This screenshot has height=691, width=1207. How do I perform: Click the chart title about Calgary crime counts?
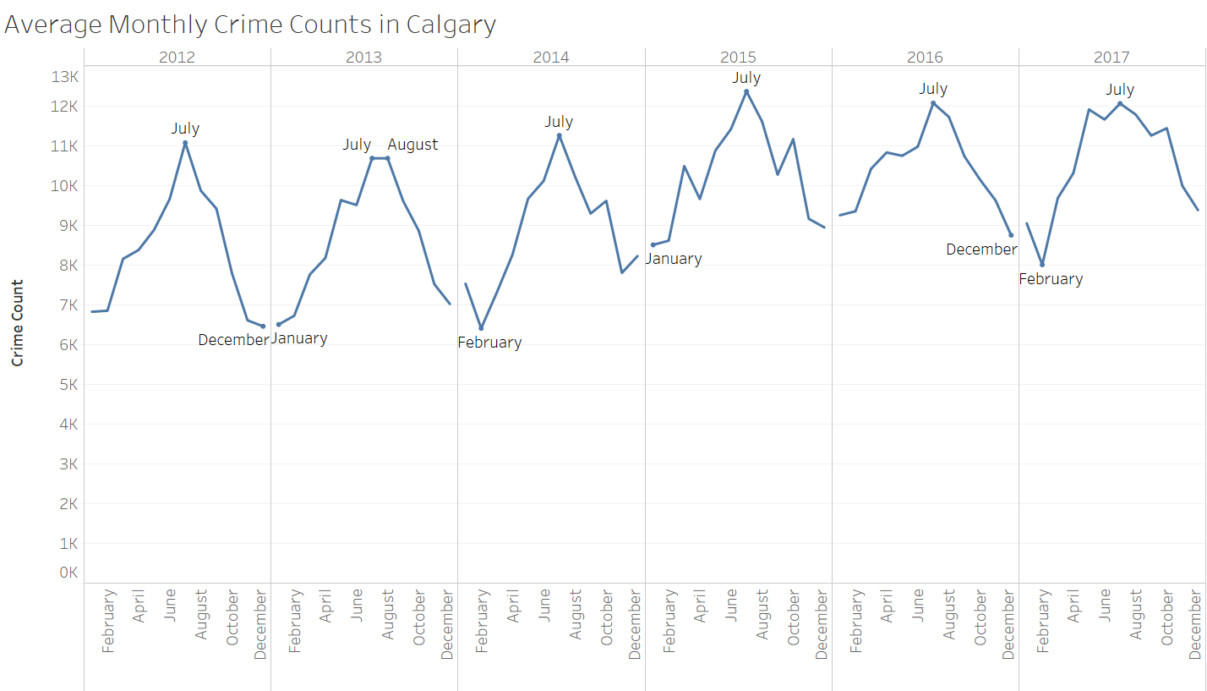(x=250, y=25)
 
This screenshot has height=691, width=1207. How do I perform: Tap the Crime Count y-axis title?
(x=17, y=322)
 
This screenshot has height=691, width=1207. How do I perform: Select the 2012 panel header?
(x=177, y=58)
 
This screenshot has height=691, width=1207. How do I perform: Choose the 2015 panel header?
(x=738, y=58)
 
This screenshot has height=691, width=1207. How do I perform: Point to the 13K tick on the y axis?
(x=64, y=77)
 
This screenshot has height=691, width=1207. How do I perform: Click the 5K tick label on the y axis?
(x=64, y=385)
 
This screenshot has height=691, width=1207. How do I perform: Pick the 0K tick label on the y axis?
(x=67, y=573)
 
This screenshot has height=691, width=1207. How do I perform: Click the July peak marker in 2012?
(x=185, y=143)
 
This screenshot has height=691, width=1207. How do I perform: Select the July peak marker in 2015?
(x=746, y=91)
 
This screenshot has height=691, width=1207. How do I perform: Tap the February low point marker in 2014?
(x=481, y=328)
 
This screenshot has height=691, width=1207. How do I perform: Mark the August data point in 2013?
(x=387, y=158)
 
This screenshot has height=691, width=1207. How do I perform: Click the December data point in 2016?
(x=1011, y=235)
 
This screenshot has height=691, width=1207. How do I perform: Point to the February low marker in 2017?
(x=1042, y=265)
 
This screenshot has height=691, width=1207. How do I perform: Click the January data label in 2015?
(x=674, y=259)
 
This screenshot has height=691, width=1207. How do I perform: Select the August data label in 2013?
(x=412, y=145)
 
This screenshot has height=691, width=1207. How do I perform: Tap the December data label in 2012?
(x=232, y=340)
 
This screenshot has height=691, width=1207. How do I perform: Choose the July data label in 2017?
(x=1121, y=90)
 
